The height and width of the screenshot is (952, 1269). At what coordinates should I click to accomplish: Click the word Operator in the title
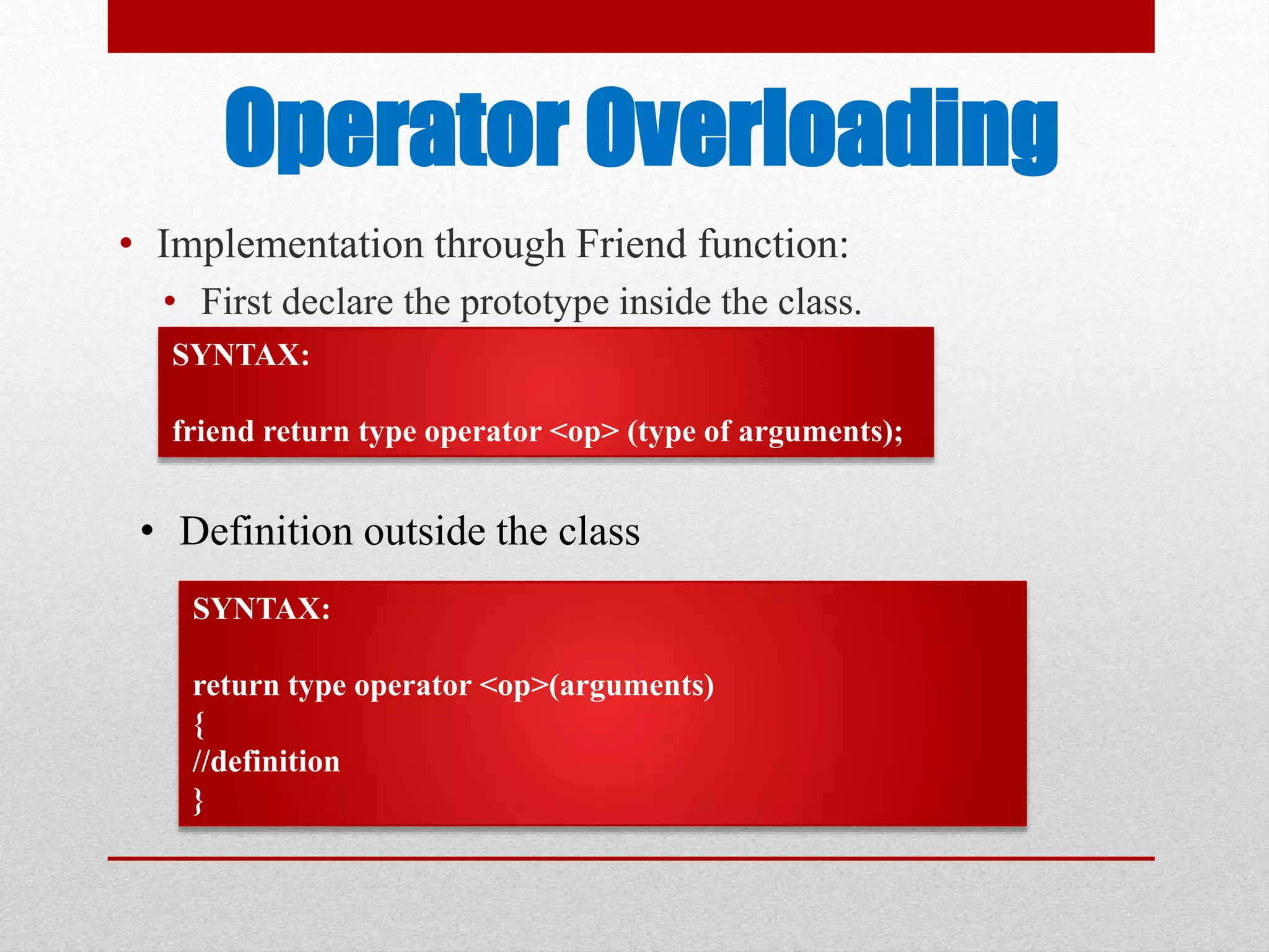[x=397, y=128]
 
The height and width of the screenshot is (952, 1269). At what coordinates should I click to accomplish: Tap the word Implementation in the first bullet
[x=291, y=244]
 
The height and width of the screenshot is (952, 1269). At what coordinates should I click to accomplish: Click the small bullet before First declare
[x=170, y=303]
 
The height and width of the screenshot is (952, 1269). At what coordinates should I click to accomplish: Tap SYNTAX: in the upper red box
[x=241, y=356]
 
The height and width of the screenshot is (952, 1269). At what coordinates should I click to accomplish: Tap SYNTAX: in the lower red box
[x=261, y=609]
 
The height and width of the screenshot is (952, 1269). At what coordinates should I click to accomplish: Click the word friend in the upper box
[x=213, y=431]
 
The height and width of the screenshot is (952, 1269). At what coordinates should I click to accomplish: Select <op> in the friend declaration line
[x=584, y=432]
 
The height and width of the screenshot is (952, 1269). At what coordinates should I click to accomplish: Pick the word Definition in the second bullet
[x=266, y=532]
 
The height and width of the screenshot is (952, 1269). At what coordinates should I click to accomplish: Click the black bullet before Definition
[x=147, y=531]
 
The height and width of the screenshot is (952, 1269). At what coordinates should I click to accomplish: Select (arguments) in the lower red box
[x=631, y=686]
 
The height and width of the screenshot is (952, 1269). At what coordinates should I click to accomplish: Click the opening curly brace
[x=199, y=724]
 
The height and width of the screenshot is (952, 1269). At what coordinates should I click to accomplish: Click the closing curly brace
[x=198, y=800]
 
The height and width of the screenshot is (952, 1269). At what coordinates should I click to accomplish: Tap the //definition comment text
[x=266, y=762]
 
